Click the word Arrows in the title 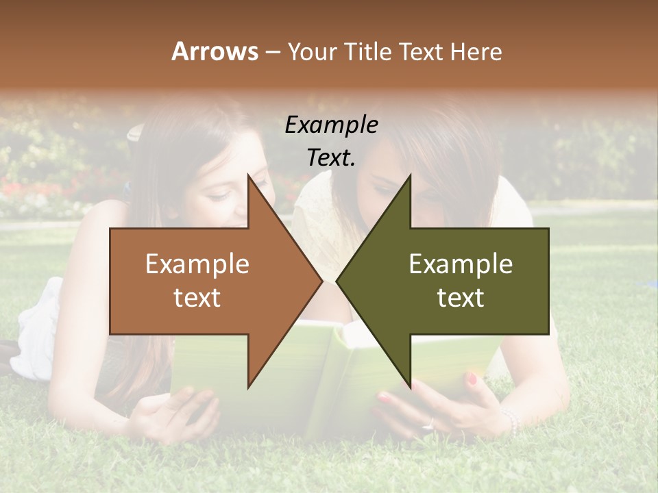click(215, 51)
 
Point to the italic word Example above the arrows click(331, 125)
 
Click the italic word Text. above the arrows click(331, 158)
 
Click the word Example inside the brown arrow click(197, 264)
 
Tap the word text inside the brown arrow click(197, 298)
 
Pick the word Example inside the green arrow click(461, 264)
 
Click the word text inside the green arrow click(461, 298)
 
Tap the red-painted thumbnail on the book click(472, 378)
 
